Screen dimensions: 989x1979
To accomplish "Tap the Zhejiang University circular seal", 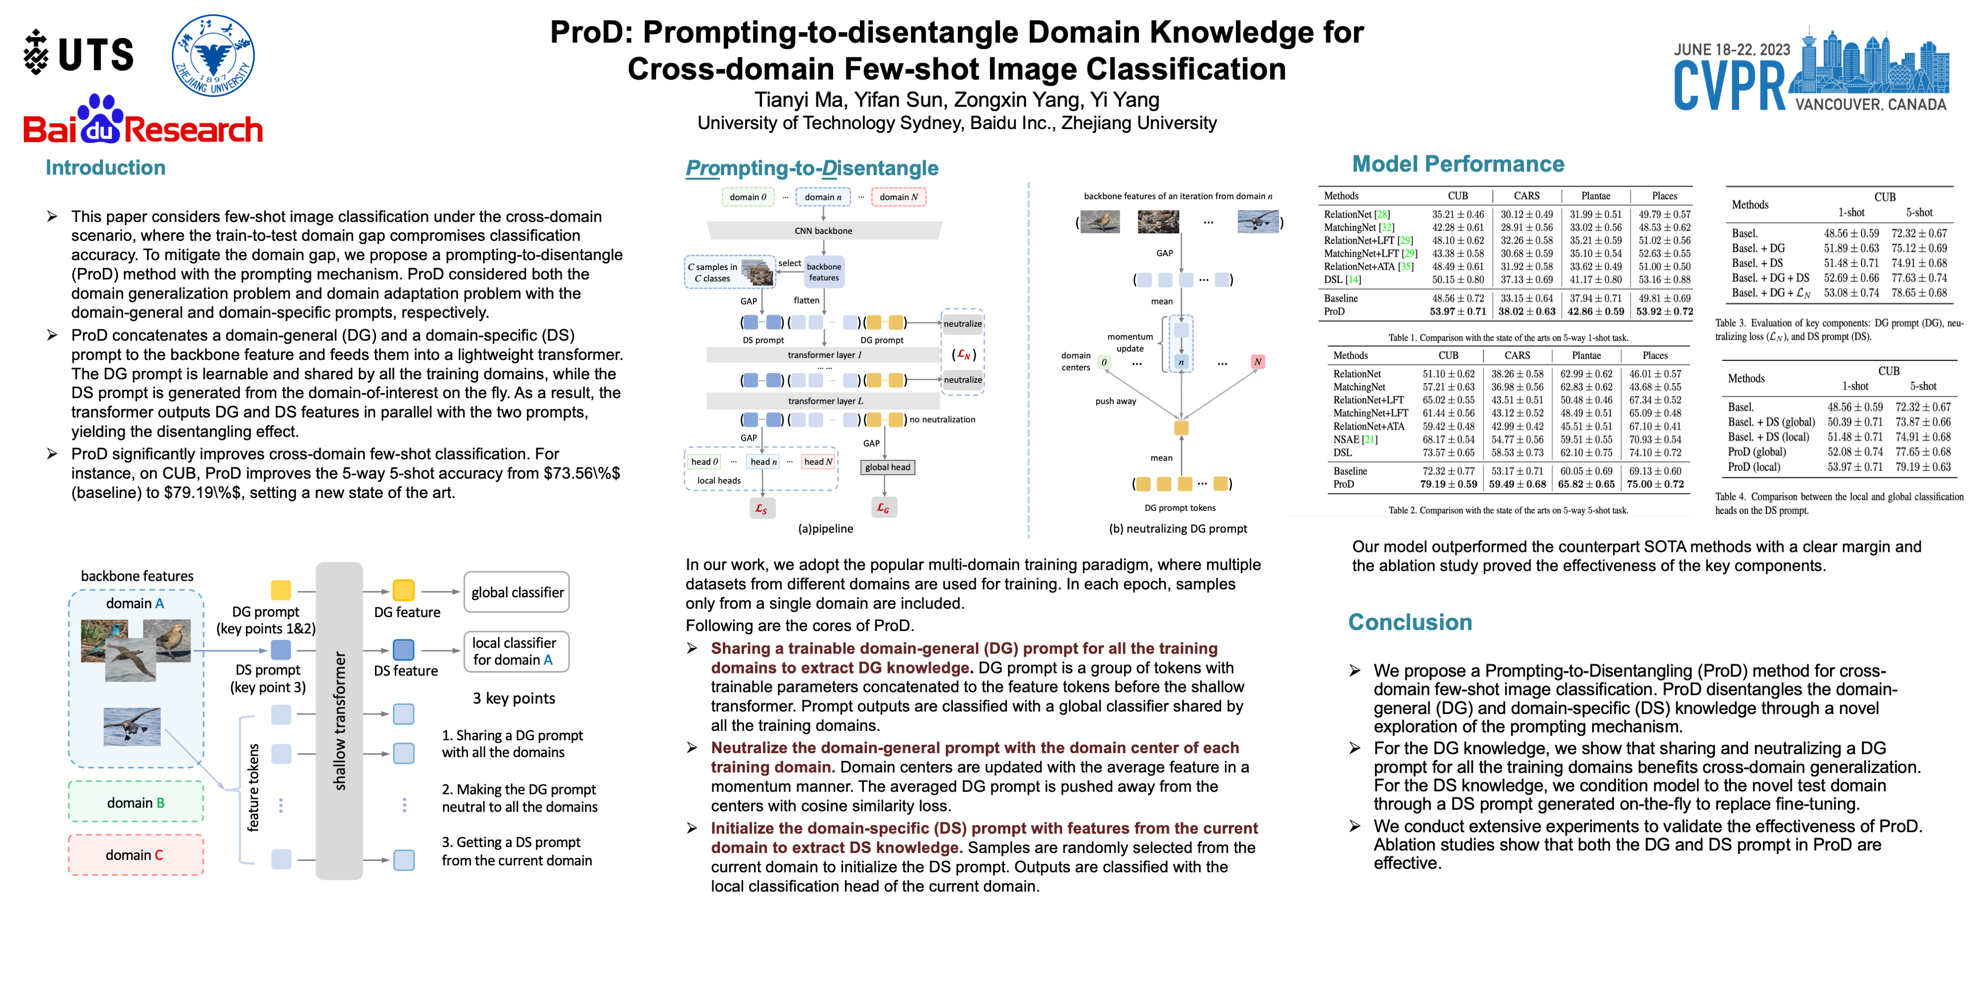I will click(213, 55).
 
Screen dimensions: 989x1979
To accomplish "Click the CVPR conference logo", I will click(1810, 75).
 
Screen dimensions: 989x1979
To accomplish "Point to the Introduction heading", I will click(105, 168).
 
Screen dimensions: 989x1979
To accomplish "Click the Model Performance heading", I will click(1458, 164).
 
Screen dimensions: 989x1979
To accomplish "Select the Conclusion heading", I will click(1410, 622).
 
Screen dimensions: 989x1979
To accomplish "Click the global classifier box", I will click(517, 592).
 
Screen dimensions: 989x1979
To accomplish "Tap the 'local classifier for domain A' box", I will click(516, 651).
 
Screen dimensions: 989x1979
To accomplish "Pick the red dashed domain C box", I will click(136, 854).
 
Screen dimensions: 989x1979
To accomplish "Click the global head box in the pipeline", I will click(887, 467).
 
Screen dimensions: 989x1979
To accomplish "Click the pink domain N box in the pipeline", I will click(898, 197).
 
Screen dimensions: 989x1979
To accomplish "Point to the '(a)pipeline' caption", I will click(825, 528).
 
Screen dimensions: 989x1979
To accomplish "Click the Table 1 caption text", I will click(1508, 338).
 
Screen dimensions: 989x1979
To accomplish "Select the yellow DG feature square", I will click(403, 590).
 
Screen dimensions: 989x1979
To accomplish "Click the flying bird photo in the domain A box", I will click(132, 726).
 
